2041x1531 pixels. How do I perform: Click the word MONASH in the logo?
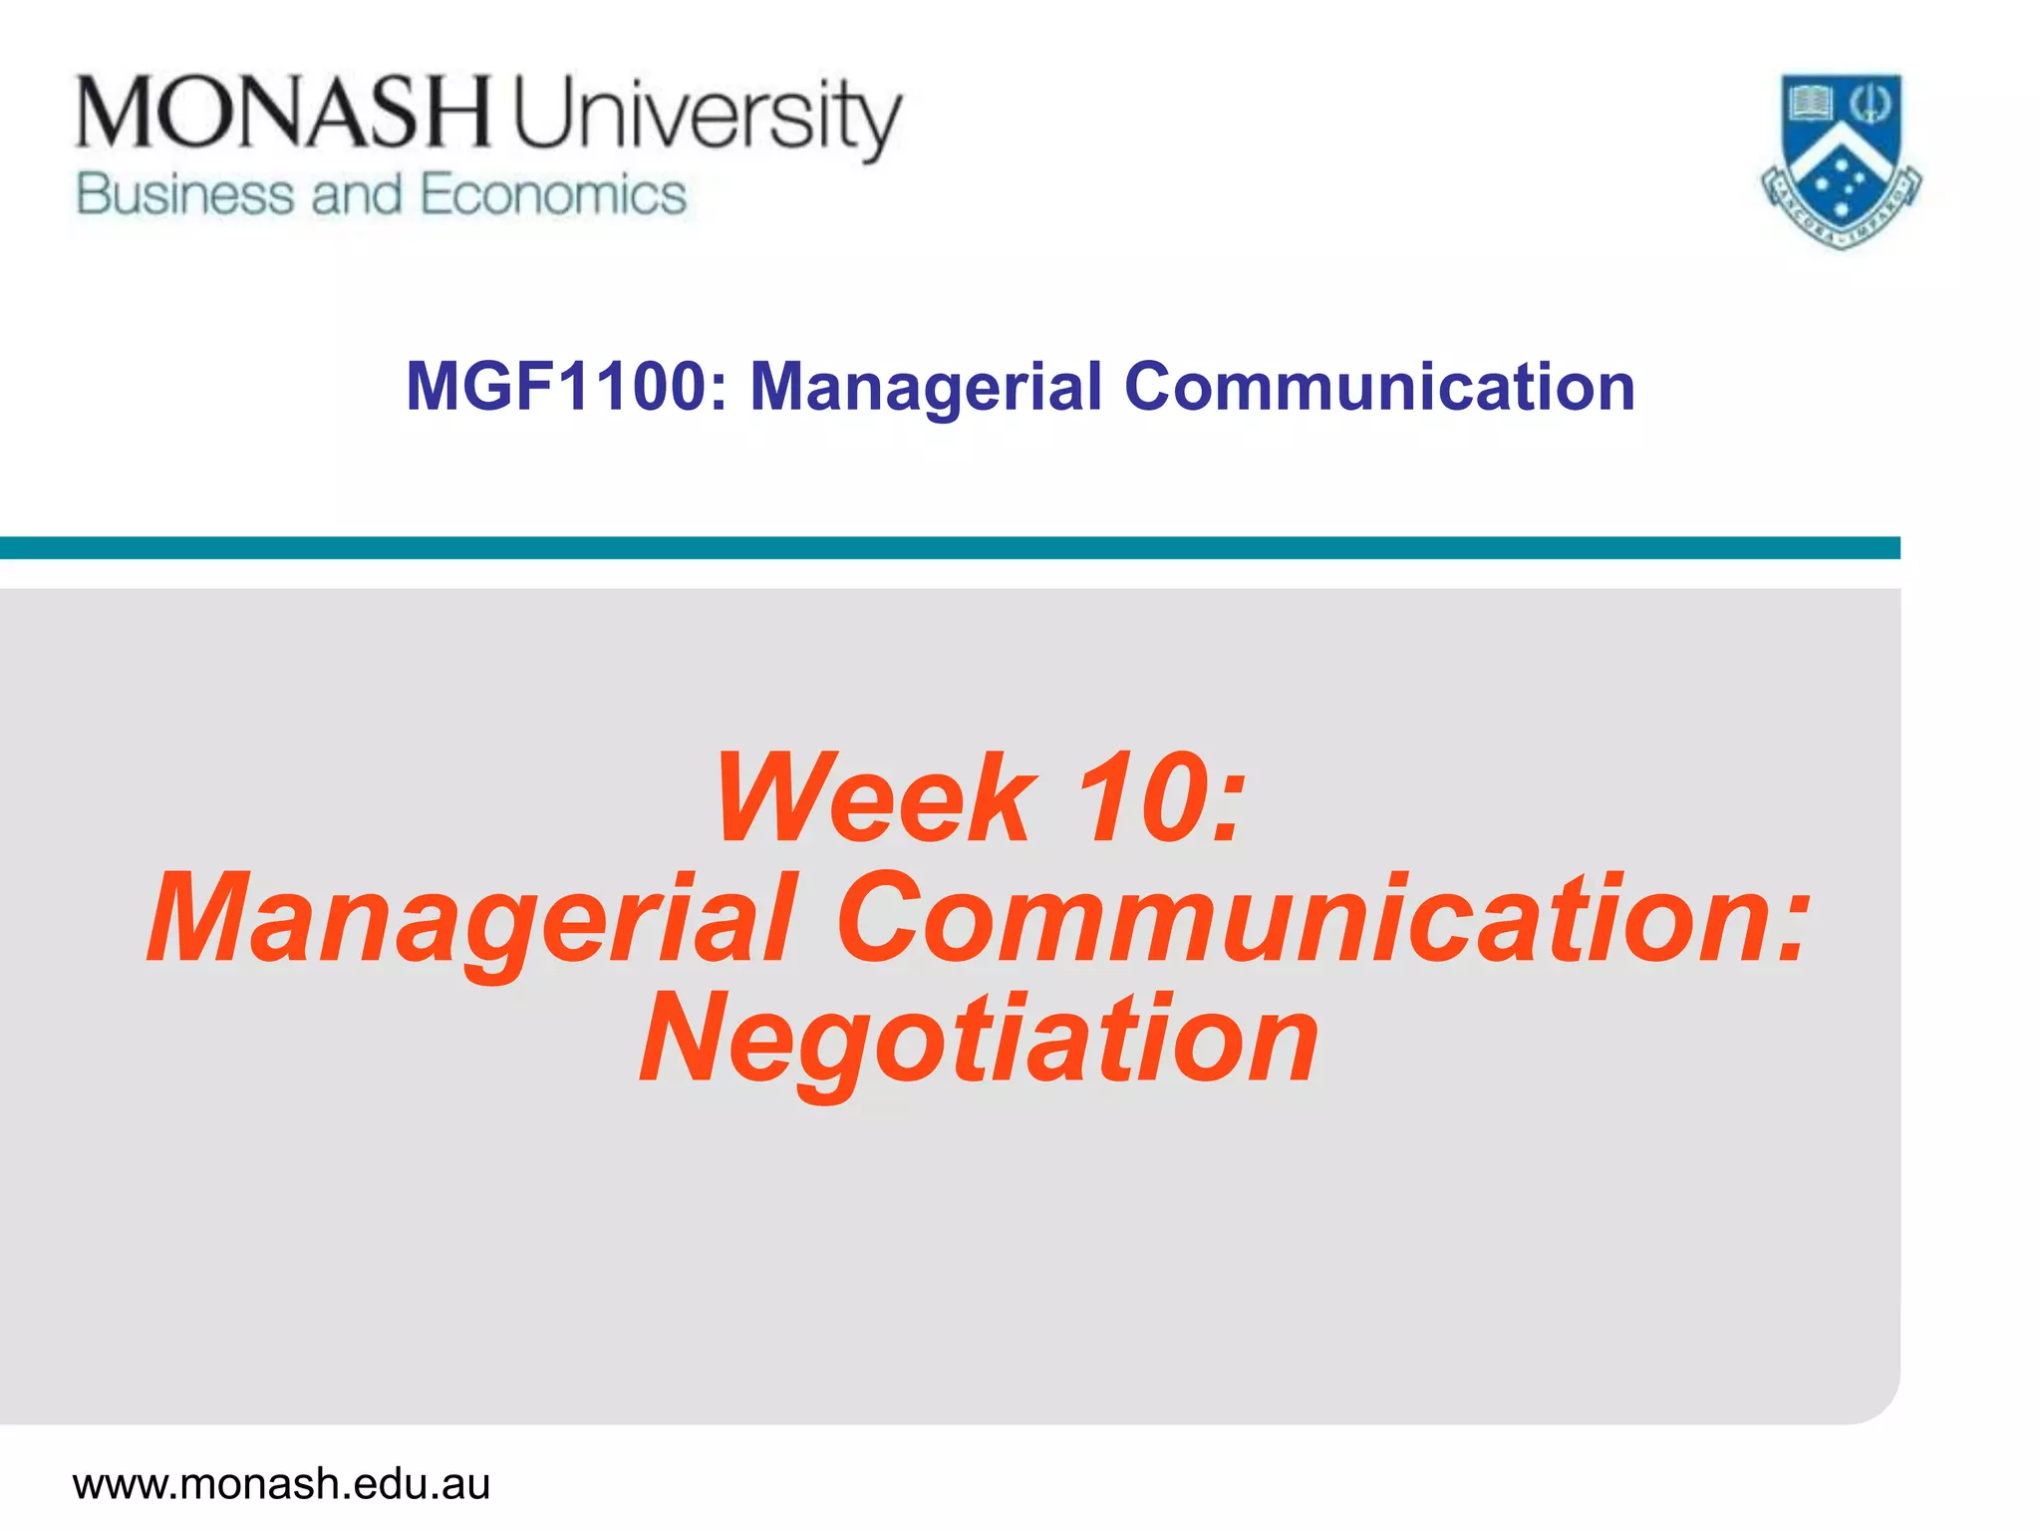tap(283, 112)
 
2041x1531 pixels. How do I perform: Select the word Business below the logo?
tap(185, 194)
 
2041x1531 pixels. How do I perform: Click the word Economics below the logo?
tap(553, 194)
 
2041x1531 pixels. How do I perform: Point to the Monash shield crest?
tap(1842, 159)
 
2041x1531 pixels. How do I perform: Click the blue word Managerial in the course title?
tap(926, 387)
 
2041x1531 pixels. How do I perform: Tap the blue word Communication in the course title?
tap(1379, 387)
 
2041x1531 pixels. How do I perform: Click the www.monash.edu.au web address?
tap(281, 1484)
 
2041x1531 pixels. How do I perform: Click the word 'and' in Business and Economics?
tap(356, 194)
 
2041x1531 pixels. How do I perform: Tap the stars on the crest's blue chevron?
tap(1842, 184)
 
